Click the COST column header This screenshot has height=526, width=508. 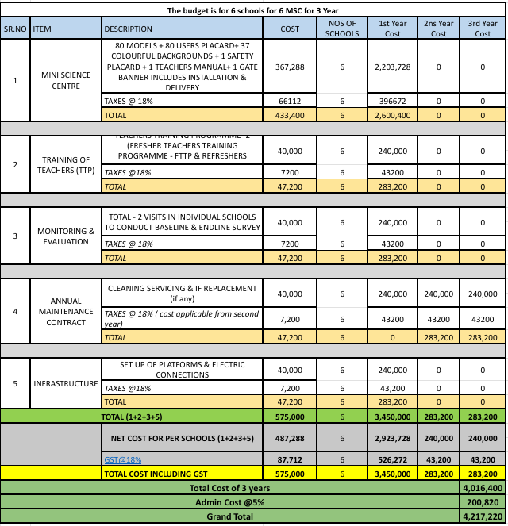coord(291,29)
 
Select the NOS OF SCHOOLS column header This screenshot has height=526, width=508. coord(343,29)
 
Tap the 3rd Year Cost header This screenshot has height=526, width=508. coord(483,29)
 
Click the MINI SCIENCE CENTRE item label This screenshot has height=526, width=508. coord(66,80)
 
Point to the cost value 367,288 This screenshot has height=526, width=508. coord(291,67)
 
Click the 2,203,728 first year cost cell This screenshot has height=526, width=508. coord(392,67)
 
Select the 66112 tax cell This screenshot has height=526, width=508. coord(291,102)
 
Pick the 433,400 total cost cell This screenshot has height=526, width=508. coord(291,115)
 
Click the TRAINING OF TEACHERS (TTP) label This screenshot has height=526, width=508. coord(66,165)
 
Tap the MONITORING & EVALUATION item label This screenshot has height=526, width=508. coord(66,236)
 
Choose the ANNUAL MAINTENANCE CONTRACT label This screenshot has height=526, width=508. coord(66,312)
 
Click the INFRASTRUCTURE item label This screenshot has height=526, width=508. coord(66,383)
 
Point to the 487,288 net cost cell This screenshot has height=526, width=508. coord(291,437)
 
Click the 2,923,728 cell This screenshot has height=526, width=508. coord(392,437)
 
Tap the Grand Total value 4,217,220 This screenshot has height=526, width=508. coord(483,516)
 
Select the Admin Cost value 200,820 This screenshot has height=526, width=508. coord(483,502)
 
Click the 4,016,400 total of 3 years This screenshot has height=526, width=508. coord(483,488)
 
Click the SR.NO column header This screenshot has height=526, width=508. coord(15,29)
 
